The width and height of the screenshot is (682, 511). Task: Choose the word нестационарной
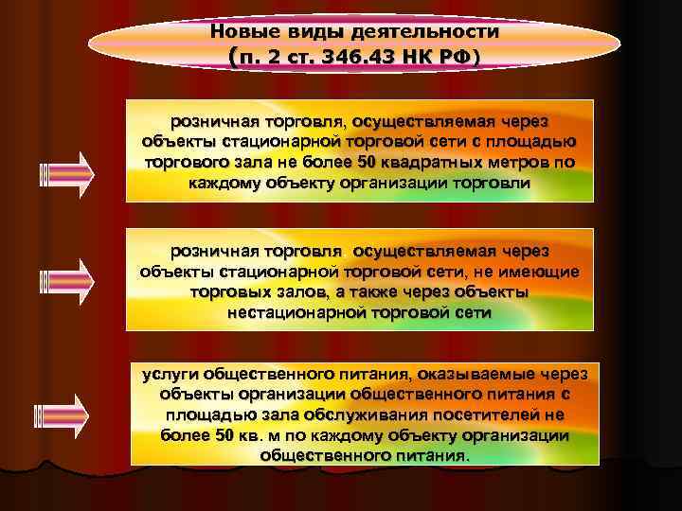point(294,312)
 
